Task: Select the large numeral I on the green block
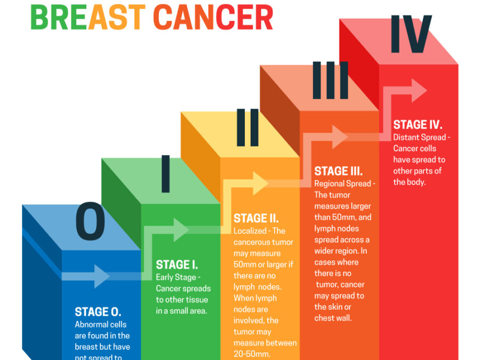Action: click(x=166, y=173)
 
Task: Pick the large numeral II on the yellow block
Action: click(x=247, y=127)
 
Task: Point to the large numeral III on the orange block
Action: click(x=330, y=81)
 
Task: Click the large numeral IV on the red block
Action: click(x=411, y=35)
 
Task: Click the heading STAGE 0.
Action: click(x=98, y=312)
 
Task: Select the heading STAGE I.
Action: click(x=177, y=265)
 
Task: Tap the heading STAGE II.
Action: click(x=256, y=218)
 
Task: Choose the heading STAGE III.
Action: click(x=338, y=171)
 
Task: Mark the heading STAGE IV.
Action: click(x=418, y=125)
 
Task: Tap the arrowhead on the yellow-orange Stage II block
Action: click(x=259, y=183)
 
